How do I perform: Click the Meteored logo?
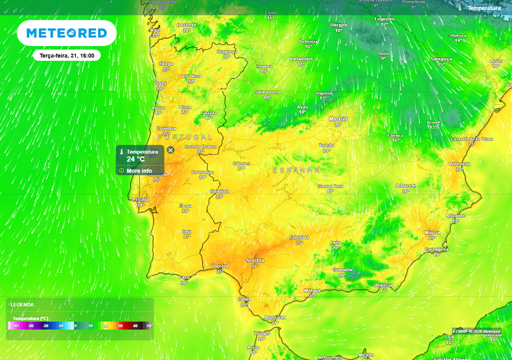[66, 33]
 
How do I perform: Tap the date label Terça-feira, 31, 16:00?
[67, 55]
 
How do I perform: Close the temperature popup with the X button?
[170, 150]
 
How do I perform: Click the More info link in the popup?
[139, 170]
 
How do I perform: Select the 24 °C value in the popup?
[135, 159]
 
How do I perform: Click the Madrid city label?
[338, 119]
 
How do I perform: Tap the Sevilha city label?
[255, 260]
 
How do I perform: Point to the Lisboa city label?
[140, 199]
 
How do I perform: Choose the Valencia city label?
[459, 164]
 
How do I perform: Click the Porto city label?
[160, 83]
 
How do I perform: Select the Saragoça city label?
[441, 58]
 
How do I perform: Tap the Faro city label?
[184, 277]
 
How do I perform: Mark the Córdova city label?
[299, 237]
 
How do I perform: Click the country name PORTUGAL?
[185, 136]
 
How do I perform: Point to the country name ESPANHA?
[296, 170]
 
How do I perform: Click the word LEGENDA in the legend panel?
[22, 304]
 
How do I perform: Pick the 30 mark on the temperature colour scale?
[120, 326]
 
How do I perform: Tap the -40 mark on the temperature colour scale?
[15, 326]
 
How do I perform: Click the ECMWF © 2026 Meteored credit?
[476, 331]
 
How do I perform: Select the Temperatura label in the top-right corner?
[483, 8]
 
